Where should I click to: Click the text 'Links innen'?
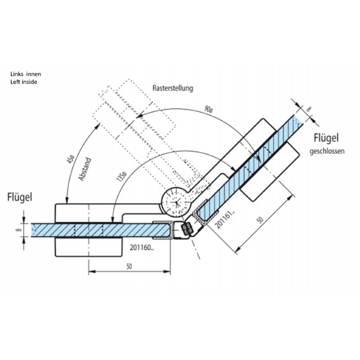point(26,74)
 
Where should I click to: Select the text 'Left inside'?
point(24,82)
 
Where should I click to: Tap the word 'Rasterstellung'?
point(173,88)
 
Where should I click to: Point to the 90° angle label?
point(208,110)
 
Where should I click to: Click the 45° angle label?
point(70,159)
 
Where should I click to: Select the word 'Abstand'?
point(85,169)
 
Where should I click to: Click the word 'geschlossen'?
point(327,151)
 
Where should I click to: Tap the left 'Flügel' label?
point(20,197)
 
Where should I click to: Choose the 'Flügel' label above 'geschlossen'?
point(326,138)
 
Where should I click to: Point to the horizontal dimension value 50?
point(129,266)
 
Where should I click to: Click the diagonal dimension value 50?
point(260,220)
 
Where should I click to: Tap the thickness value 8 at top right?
point(309,109)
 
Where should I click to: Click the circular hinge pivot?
point(176,202)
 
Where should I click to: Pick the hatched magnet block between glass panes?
point(187,229)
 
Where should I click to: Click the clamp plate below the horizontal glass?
point(88,247)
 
